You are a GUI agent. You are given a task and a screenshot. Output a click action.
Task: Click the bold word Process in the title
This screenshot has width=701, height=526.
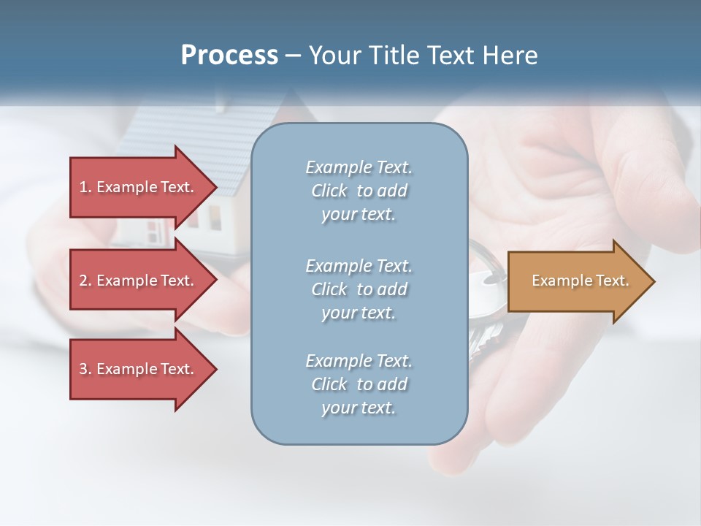[229, 56]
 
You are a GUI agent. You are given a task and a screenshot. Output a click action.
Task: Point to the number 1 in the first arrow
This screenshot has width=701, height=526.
[83, 187]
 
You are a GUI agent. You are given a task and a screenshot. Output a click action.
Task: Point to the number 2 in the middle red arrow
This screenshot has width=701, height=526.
[83, 281]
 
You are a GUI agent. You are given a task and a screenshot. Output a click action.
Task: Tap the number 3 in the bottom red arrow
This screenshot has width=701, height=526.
[83, 369]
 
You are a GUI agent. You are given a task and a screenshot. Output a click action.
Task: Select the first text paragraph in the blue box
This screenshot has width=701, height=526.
[359, 191]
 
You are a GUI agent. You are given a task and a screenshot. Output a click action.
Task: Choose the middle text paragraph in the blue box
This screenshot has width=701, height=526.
[359, 289]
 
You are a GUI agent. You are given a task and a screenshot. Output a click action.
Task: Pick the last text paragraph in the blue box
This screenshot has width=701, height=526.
[359, 384]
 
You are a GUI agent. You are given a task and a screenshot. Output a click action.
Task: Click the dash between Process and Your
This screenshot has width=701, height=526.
[294, 56]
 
